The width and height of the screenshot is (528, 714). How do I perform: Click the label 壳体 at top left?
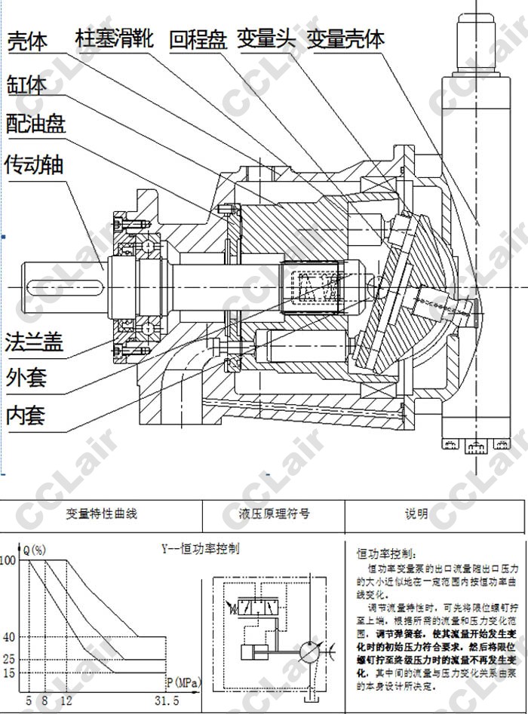click(x=28, y=41)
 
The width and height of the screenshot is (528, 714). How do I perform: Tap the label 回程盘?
click(x=198, y=38)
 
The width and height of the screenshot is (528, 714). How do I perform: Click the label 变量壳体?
click(x=345, y=38)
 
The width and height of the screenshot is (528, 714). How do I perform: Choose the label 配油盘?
click(x=36, y=122)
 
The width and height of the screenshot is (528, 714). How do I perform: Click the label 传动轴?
click(x=36, y=164)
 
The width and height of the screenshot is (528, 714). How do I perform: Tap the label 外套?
click(x=27, y=376)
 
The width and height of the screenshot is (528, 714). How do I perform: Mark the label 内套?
click(x=27, y=414)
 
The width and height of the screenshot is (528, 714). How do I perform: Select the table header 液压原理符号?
click(x=274, y=514)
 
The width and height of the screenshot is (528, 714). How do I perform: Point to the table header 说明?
click(x=416, y=514)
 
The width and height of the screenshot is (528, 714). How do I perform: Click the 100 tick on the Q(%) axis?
click(x=8, y=560)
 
